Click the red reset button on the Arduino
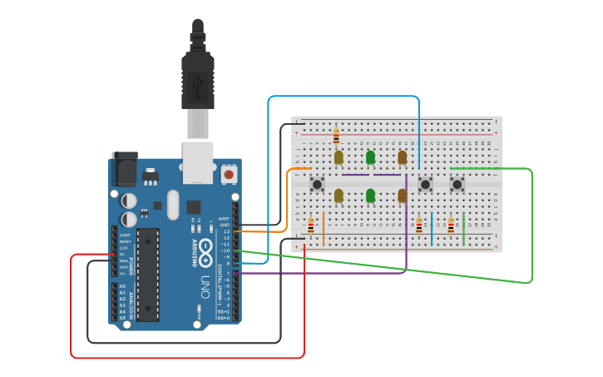pyautogui.click(x=229, y=174)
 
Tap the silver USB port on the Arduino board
pyautogui.click(x=198, y=161)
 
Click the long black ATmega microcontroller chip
pyautogui.click(x=148, y=275)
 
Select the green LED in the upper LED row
pyautogui.click(x=370, y=156)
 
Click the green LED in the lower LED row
pyautogui.click(x=370, y=196)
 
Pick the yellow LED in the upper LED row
pyautogui.click(x=339, y=156)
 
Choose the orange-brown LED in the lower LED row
pyautogui.click(x=402, y=196)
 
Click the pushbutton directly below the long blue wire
pyautogui.click(x=425, y=184)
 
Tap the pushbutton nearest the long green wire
pyautogui.click(x=457, y=184)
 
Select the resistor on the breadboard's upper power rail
pyautogui.click(x=336, y=136)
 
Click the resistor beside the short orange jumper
pyautogui.click(x=311, y=226)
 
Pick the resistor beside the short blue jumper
pyautogui.click(x=419, y=226)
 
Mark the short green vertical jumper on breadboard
pyautogui.click(x=463, y=229)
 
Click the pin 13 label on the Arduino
pyautogui.click(x=226, y=231)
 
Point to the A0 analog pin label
pyautogui.click(x=122, y=286)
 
